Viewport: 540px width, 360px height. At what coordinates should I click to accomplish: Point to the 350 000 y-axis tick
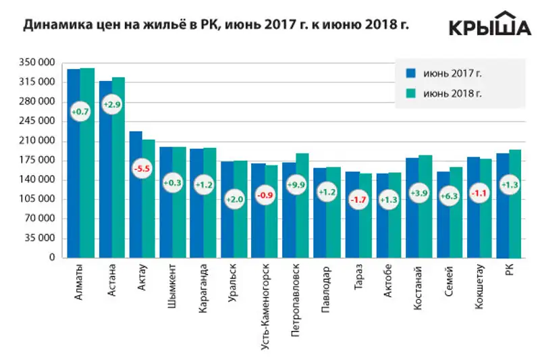tap(39, 63)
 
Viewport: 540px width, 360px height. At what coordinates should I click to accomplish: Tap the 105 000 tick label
tap(39, 199)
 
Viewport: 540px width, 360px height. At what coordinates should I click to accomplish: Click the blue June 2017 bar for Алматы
tap(74, 162)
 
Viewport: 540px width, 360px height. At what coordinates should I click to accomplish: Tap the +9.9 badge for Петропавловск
tap(295, 184)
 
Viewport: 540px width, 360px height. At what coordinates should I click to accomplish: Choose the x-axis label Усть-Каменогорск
tap(265, 297)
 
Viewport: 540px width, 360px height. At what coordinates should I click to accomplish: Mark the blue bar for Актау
tap(136, 203)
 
